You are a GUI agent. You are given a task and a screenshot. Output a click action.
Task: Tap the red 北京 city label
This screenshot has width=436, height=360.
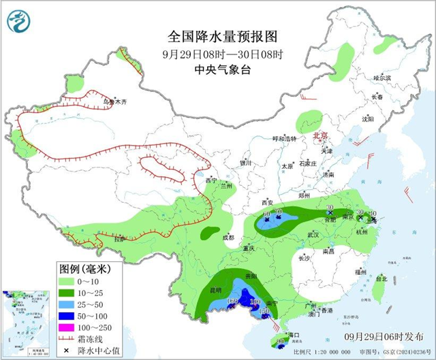[320, 136]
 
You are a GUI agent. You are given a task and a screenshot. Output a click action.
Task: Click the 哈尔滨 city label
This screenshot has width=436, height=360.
[382, 78]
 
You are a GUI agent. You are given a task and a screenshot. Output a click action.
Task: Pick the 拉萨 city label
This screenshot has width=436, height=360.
[120, 239]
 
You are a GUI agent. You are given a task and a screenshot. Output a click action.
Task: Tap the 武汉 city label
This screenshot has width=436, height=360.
[314, 234]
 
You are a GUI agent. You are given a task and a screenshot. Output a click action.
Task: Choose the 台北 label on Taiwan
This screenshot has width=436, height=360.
[381, 278]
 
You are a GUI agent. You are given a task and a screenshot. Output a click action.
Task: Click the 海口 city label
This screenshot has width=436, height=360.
[294, 336]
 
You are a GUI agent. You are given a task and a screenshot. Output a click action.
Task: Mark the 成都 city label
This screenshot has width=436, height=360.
[228, 238]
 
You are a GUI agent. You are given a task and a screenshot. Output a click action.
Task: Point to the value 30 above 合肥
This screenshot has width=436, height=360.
[330, 208]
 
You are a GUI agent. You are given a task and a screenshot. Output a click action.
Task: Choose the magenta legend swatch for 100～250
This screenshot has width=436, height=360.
[67, 327]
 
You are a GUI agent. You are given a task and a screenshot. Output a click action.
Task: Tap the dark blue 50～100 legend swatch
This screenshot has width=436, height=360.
[67, 316]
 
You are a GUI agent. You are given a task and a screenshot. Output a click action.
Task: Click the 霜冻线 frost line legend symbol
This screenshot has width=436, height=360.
[67, 339]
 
